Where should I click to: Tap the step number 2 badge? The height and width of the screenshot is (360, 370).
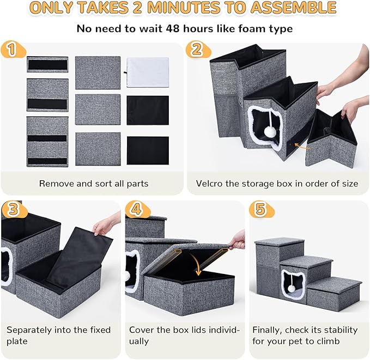pos(195,50)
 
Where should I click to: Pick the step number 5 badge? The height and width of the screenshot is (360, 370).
pos(259,210)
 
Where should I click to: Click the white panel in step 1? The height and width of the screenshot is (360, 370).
pos(148,72)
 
